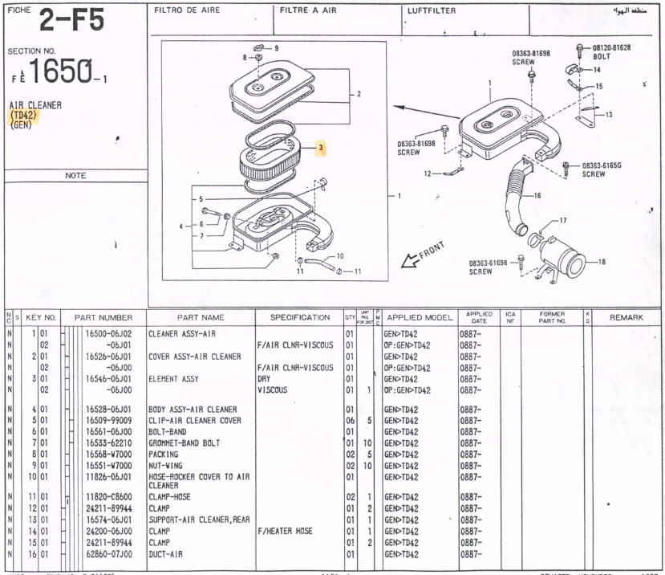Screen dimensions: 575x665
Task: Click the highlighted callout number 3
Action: click(x=320, y=148)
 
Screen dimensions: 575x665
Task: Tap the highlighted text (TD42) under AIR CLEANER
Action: click(x=24, y=116)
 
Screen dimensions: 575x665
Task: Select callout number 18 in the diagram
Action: click(x=602, y=261)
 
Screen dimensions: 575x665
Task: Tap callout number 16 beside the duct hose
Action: click(x=537, y=195)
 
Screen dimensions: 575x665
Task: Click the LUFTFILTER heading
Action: click(x=432, y=10)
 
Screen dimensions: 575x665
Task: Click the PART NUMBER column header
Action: click(x=103, y=317)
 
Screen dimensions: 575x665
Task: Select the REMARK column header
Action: click(x=626, y=317)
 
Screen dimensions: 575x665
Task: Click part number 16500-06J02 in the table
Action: click(x=108, y=333)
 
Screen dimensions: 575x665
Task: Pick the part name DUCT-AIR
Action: click(x=165, y=554)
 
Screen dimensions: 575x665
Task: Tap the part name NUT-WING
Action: click(x=168, y=466)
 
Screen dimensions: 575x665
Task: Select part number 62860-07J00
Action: click(x=108, y=554)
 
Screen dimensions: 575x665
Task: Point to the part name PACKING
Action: click(x=164, y=455)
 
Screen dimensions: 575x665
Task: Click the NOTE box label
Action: click(x=75, y=175)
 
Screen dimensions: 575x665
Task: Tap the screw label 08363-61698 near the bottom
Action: click(x=489, y=267)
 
